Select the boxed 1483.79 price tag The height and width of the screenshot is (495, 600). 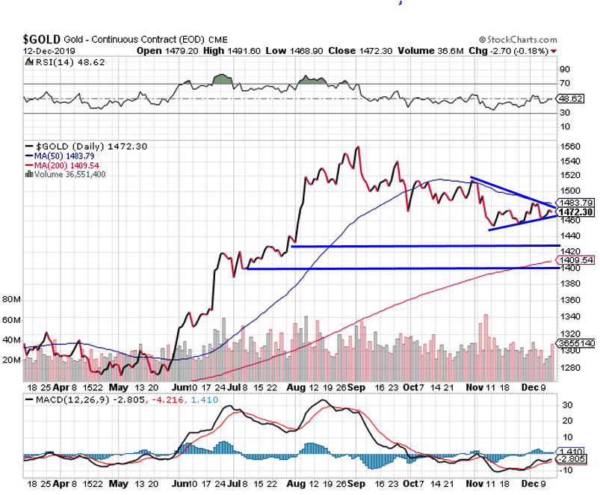576,202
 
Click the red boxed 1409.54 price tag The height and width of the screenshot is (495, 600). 576,260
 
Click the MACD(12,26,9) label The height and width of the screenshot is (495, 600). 69,399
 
